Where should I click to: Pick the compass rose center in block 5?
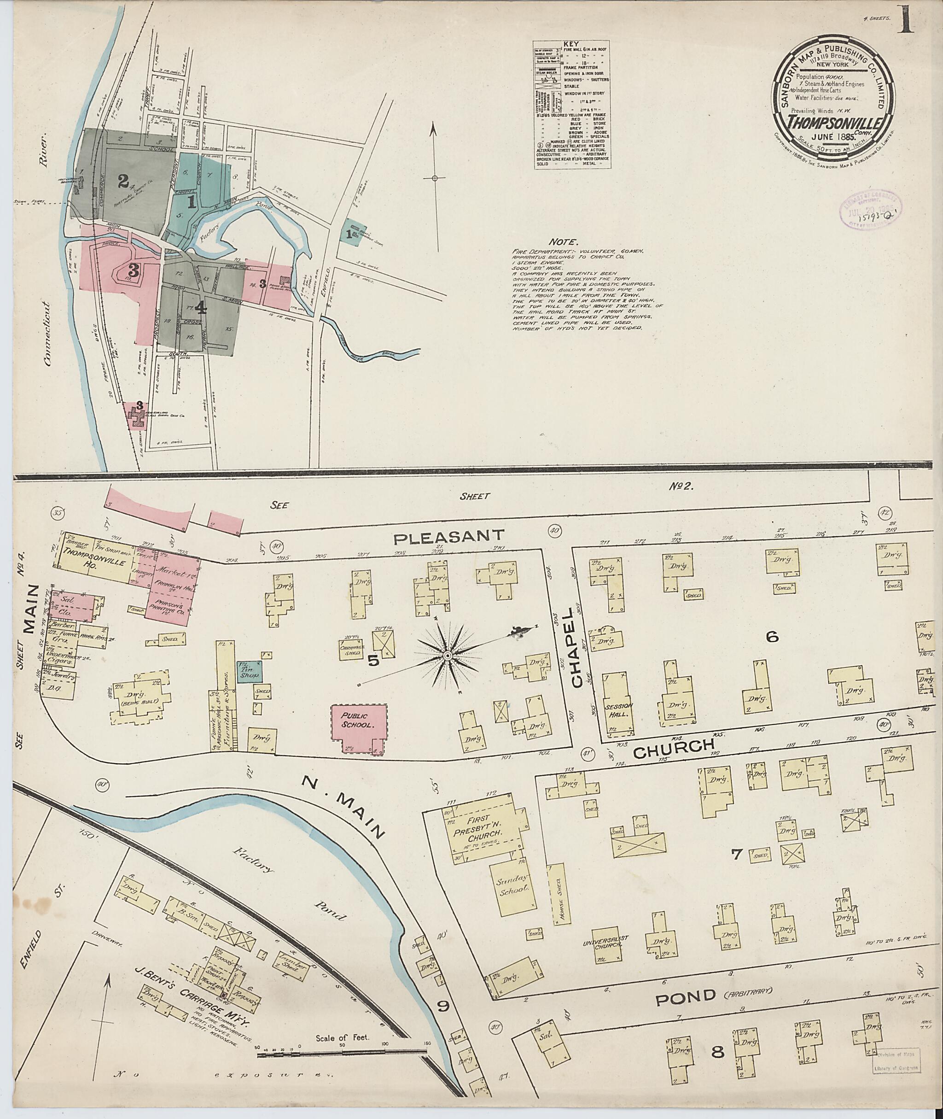(x=448, y=655)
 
